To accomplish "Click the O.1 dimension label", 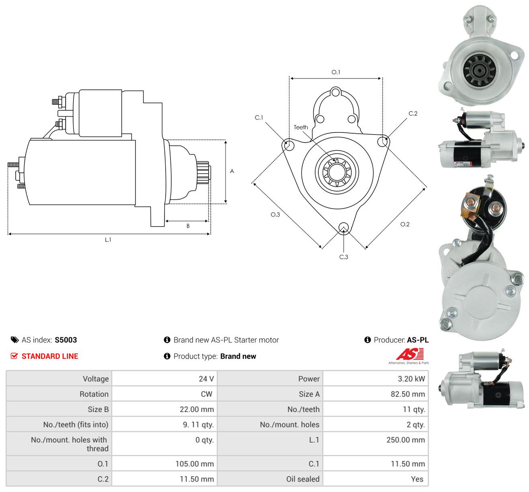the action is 336,72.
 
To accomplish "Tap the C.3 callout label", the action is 343,257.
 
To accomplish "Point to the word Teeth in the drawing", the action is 301,127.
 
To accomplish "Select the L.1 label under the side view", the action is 108,240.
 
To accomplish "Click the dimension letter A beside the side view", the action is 232,171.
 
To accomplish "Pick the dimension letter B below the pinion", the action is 188,226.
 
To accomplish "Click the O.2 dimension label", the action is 405,224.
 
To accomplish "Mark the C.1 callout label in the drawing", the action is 258,118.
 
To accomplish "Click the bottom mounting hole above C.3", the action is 344,227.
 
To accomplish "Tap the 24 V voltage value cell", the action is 206,378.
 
